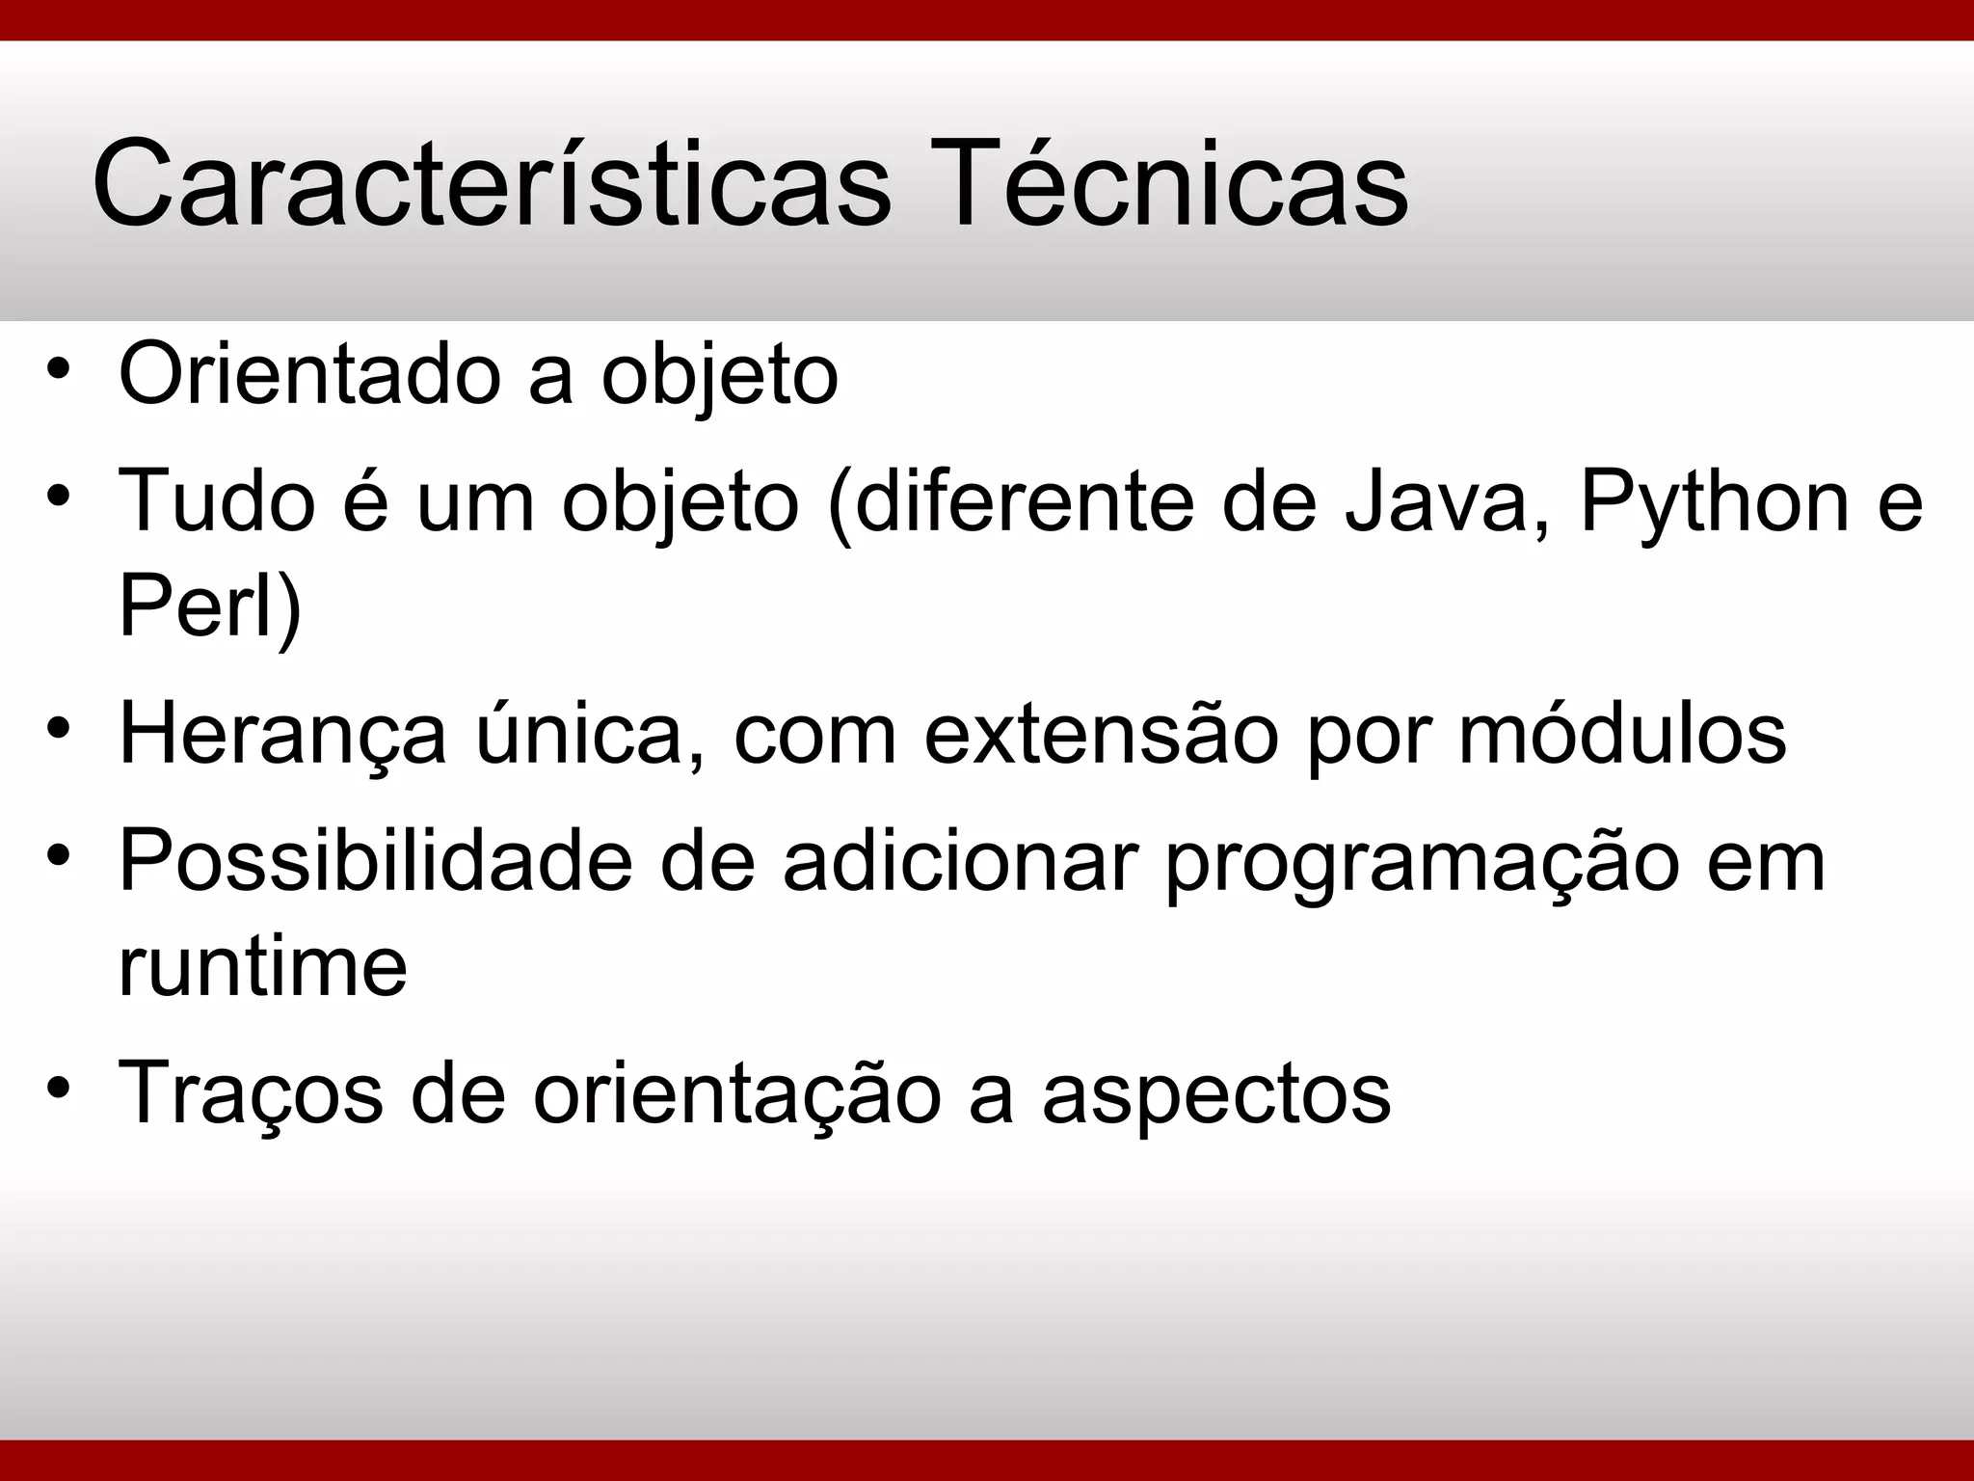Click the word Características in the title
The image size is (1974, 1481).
[x=492, y=183]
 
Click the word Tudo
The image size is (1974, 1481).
[x=217, y=501]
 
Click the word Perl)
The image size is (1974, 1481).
[x=210, y=607]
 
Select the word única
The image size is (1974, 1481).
[x=589, y=735]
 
